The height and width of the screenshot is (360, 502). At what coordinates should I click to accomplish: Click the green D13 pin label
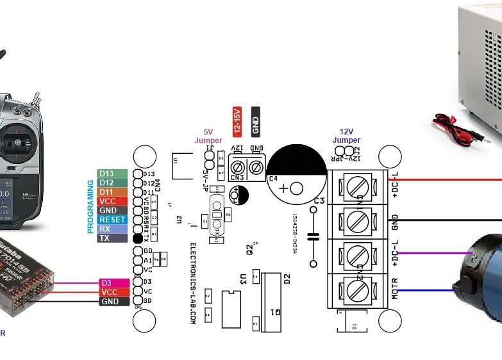pos(107,174)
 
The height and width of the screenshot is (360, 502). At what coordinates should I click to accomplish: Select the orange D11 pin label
pos(107,192)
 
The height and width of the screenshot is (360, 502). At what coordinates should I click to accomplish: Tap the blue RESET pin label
pos(112,219)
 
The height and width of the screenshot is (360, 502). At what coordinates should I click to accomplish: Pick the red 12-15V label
pos(236,120)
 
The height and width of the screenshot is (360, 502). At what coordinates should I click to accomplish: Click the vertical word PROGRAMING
pos(90,206)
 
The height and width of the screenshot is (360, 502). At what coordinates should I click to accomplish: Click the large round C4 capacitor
pos(297,173)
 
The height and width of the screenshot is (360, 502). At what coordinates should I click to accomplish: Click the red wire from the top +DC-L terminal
pos(449,180)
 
